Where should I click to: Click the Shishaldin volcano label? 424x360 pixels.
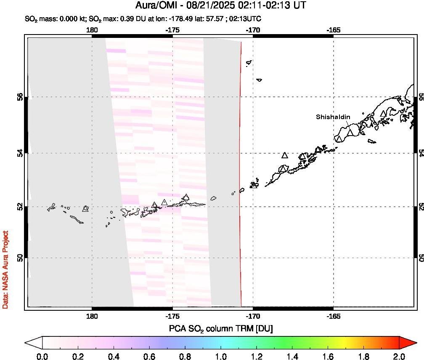point(333,117)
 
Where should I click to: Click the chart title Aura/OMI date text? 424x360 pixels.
point(221,5)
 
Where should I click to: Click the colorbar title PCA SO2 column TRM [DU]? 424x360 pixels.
point(220,328)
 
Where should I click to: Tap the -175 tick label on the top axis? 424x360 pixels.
point(172,30)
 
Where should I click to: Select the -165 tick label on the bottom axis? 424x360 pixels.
point(334,315)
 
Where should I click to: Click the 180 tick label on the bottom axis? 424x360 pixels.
point(92,315)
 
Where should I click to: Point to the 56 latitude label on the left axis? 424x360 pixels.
point(20,97)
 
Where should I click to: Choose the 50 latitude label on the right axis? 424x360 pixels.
point(420,257)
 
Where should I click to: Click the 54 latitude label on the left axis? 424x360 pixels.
point(20,153)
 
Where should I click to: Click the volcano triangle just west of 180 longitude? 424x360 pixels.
point(86,208)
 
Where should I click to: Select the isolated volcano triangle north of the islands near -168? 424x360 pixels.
point(285,155)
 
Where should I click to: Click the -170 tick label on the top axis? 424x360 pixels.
point(253,30)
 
